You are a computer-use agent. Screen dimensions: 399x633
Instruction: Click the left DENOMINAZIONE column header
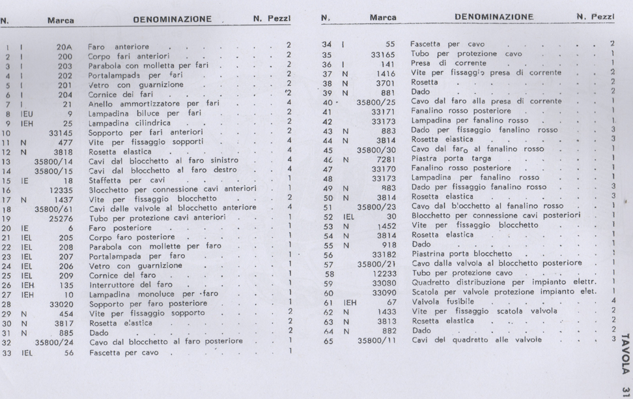coord(172,19)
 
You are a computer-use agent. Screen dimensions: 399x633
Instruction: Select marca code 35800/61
coord(54,209)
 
